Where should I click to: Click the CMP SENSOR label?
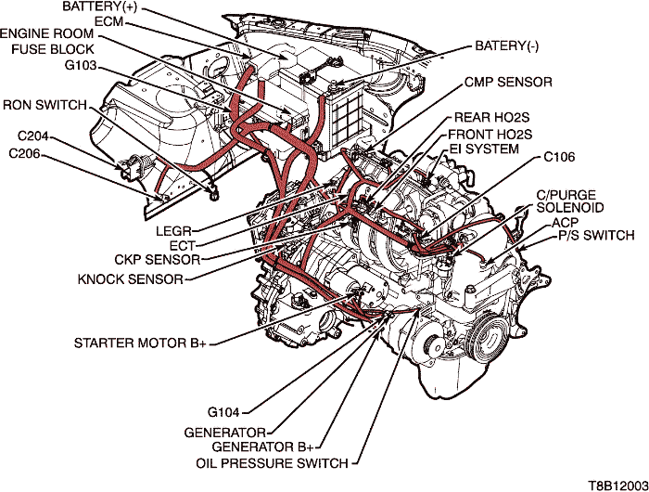point(509,82)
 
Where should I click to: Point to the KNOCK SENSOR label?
point(138,277)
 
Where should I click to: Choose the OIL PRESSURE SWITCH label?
point(272,462)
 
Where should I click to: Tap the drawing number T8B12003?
point(615,484)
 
